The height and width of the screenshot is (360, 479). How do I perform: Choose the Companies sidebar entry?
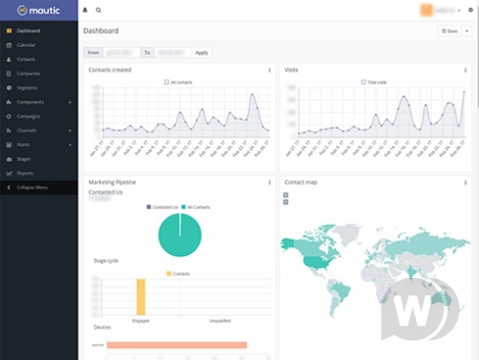(28, 73)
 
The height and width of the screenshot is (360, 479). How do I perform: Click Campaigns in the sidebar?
(28, 115)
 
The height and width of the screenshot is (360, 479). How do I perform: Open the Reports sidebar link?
(25, 172)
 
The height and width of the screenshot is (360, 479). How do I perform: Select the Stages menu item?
(24, 157)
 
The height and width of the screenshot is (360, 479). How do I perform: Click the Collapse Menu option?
(31, 186)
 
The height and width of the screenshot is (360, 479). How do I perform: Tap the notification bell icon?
(86, 9)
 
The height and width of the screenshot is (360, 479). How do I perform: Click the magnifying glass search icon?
(98, 9)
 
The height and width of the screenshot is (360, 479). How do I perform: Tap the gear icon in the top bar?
(470, 9)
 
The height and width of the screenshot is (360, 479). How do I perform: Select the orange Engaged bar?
(141, 296)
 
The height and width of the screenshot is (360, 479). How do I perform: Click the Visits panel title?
(291, 70)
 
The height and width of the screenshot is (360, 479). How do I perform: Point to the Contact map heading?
(300, 182)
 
